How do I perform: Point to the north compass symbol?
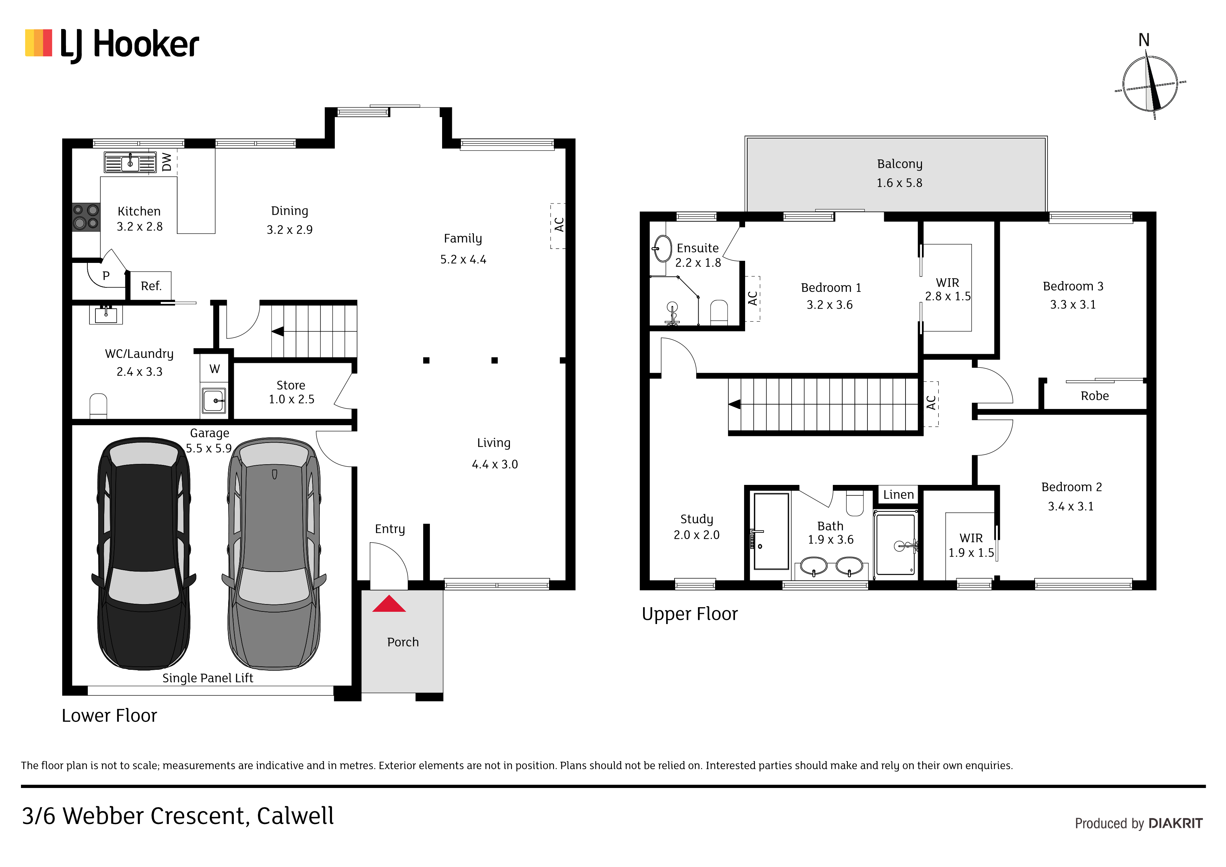point(1150,83)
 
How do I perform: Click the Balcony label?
point(900,164)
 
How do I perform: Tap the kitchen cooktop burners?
point(86,217)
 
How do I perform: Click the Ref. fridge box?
point(151,286)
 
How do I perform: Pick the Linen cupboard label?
point(898,495)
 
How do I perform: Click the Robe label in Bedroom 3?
point(1095,396)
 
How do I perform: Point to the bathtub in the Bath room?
point(771,531)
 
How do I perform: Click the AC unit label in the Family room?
point(558,225)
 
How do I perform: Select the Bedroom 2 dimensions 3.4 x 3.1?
point(1070,507)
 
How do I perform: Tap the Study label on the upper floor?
point(696,519)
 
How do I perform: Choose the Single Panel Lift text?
point(208,678)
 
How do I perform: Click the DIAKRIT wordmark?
point(1175,823)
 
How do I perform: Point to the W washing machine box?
point(214,368)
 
